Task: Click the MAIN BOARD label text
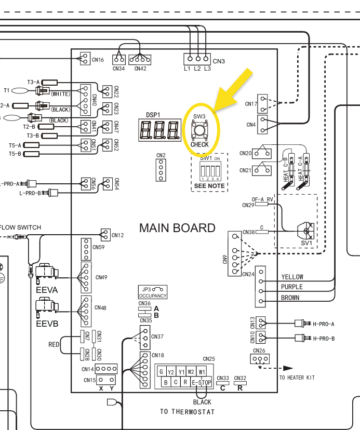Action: (x=177, y=228)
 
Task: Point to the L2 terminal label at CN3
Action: (x=197, y=69)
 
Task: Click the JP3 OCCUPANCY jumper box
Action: (x=152, y=292)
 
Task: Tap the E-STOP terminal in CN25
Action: (x=202, y=383)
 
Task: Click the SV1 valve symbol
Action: (x=305, y=229)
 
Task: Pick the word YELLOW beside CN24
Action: (x=292, y=277)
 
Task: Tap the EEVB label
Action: (x=47, y=324)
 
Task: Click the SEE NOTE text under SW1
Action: (x=209, y=185)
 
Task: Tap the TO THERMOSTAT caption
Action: (x=187, y=412)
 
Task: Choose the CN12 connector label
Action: (x=117, y=235)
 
